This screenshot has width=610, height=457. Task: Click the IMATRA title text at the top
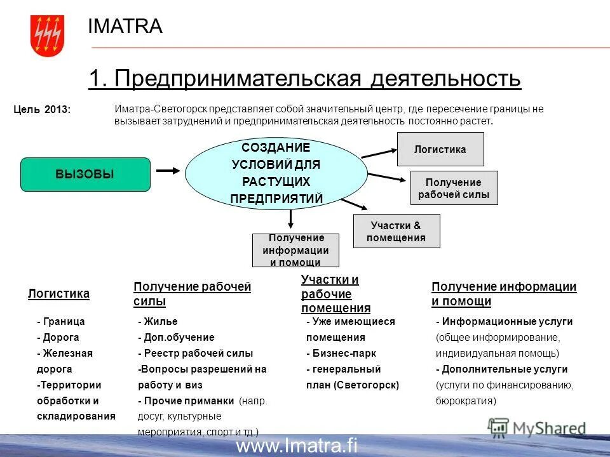(x=125, y=26)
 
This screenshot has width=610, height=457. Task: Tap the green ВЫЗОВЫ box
(x=85, y=175)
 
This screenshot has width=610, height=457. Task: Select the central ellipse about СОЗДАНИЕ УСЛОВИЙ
(x=276, y=173)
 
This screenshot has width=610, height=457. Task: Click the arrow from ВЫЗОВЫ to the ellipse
(x=168, y=170)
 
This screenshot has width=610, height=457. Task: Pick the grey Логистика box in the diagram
(x=440, y=149)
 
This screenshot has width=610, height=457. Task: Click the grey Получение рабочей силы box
(x=454, y=188)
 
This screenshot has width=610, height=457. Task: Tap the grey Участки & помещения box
(x=396, y=231)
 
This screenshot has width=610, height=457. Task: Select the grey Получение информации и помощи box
(x=295, y=250)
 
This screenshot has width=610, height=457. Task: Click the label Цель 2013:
(x=42, y=110)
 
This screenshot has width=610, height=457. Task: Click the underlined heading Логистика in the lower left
(x=58, y=293)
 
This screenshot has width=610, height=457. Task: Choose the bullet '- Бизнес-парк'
(x=341, y=353)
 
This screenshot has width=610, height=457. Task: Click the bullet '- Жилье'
(x=158, y=322)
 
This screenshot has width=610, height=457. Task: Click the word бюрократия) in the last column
(x=466, y=401)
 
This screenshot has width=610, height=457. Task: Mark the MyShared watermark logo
(x=537, y=428)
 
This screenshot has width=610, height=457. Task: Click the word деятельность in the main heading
(x=445, y=79)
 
